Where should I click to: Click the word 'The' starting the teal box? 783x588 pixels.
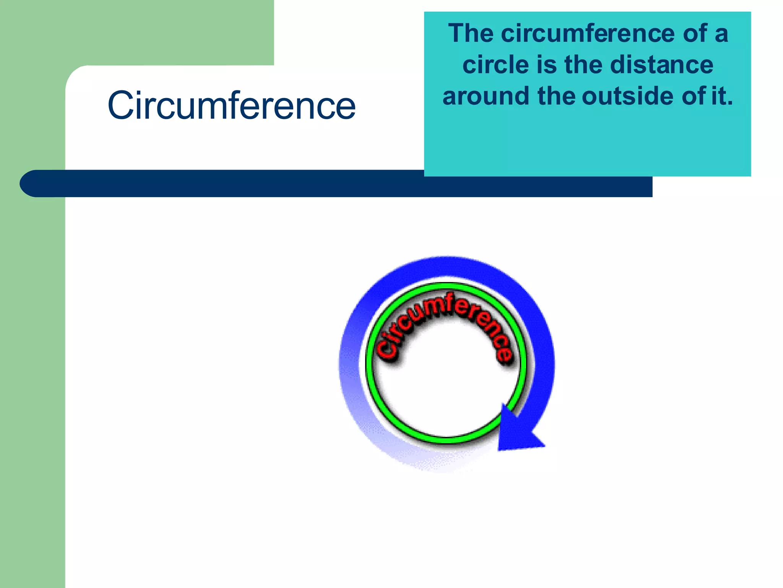point(471,33)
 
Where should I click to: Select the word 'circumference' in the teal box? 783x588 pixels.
point(588,33)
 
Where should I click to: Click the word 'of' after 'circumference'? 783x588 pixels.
point(695,33)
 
